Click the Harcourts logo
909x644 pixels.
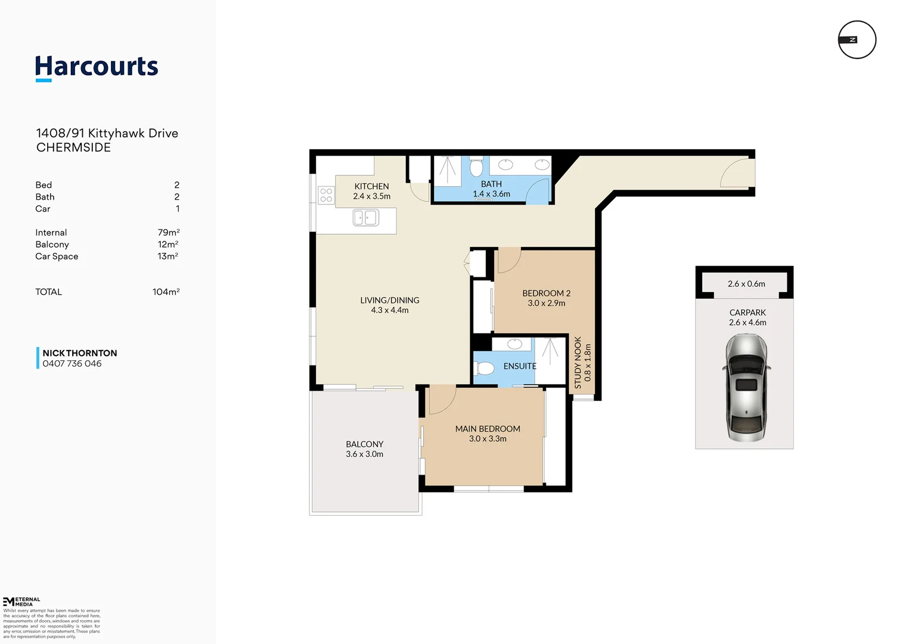tap(97, 67)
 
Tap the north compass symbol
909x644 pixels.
tap(857, 40)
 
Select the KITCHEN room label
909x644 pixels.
tap(371, 186)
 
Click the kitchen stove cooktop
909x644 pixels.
tap(326, 195)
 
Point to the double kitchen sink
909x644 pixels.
tap(366, 218)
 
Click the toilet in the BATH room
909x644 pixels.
tap(476, 167)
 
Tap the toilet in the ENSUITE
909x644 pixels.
tap(485, 369)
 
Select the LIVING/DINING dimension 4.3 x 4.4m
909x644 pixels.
tap(390, 310)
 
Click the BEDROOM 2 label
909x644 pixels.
tap(546, 293)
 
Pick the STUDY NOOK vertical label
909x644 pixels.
tap(578, 363)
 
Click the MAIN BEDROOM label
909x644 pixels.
tap(488, 429)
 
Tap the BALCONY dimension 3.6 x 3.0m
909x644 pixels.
tap(364, 454)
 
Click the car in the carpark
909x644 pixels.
tap(746, 388)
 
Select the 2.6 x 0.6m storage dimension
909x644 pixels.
tap(746, 284)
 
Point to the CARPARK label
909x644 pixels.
tap(747, 312)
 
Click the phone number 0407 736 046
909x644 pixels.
tap(72, 364)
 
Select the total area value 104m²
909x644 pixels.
tap(166, 292)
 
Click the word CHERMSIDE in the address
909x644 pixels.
tap(73, 147)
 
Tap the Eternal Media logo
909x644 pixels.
tap(21, 601)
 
